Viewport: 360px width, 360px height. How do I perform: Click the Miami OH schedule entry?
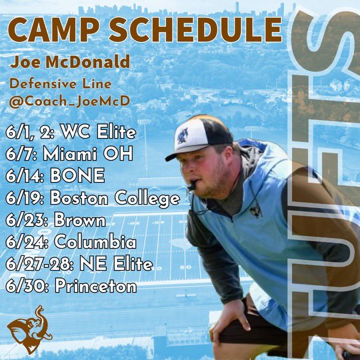point(68,153)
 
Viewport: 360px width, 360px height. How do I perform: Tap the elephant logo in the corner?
point(29,328)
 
